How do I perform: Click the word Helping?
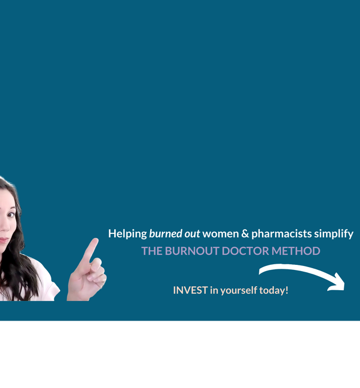pos(128,234)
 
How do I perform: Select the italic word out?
pos(192,234)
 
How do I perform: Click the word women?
pos(220,234)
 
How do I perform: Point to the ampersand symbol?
pos(245,234)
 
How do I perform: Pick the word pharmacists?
pos(281,234)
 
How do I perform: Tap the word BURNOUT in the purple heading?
pos(192,251)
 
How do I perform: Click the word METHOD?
pos(296,251)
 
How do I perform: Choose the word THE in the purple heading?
pos(152,251)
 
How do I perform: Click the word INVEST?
pos(190,290)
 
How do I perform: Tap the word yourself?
pos(238,291)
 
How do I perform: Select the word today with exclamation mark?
pos(273,291)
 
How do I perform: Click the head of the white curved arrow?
pos(337,283)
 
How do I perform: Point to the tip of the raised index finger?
pos(96,240)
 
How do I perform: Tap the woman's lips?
pos(3,240)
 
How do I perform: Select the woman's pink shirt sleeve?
pos(48,282)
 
